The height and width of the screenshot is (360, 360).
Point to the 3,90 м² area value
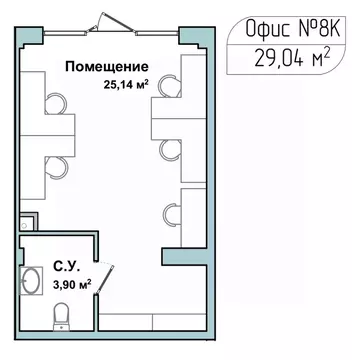pyautogui.click(x=71, y=284)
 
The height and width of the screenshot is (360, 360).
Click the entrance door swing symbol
pyautogui.click(x=104, y=21)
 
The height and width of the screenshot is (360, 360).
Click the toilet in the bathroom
pyautogui.click(x=61, y=319)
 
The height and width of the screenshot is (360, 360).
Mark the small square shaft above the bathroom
pyautogui.click(x=28, y=224)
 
